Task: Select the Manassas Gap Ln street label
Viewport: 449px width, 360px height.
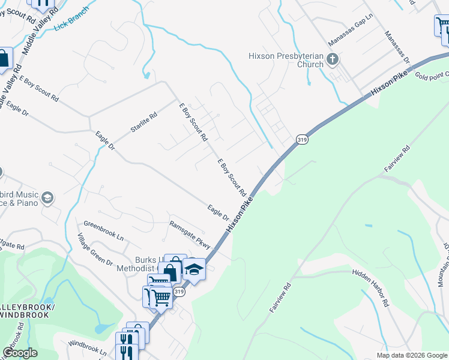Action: click(x=351, y=30)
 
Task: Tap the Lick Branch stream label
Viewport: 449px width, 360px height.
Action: click(x=71, y=19)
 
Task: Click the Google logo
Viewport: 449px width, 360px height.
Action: click(x=20, y=353)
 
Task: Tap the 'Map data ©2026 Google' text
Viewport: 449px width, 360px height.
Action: click(x=411, y=355)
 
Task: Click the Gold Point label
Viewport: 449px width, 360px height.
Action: click(x=431, y=75)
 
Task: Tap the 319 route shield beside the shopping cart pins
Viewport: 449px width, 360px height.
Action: click(x=179, y=292)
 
